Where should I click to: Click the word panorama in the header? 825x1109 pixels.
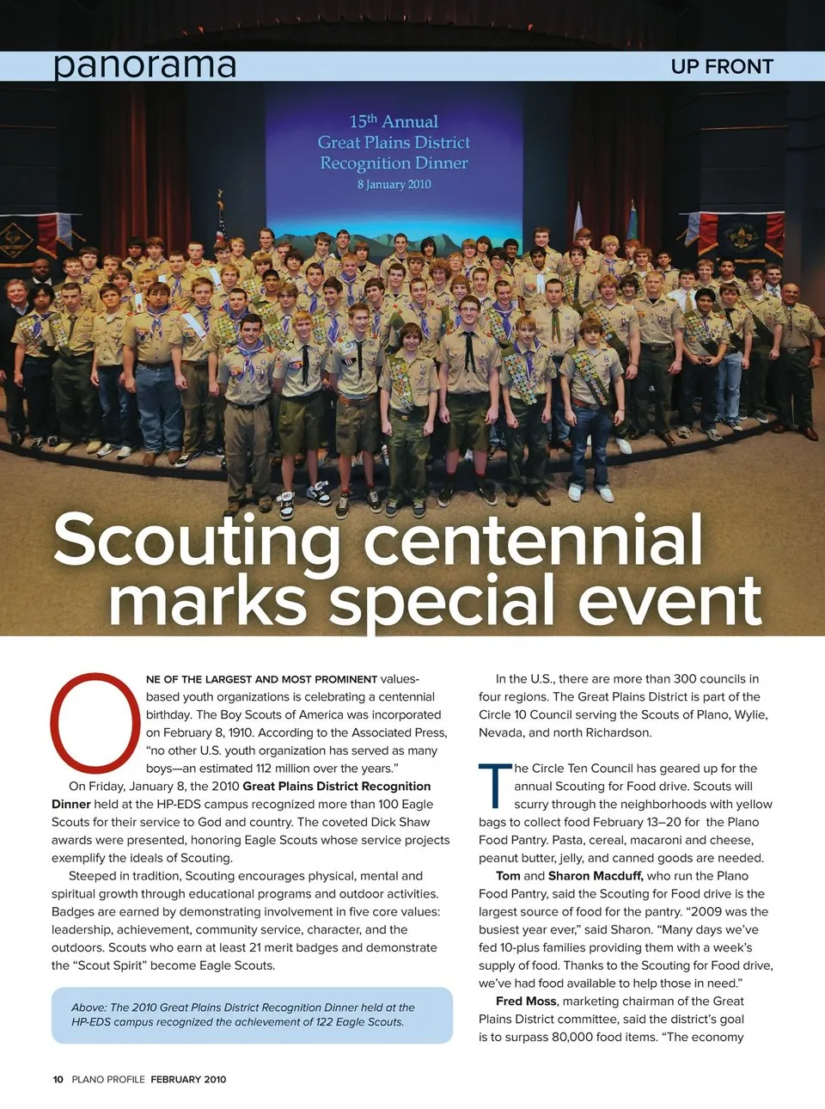tap(144, 65)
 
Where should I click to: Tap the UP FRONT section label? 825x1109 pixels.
tap(722, 67)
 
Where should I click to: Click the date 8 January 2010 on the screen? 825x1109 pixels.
tap(394, 184)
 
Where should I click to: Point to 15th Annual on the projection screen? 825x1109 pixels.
tap(394, 121)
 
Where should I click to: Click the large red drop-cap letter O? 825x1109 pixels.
tap(95, 722)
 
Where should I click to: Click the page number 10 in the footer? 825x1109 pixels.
tap(58, 1079)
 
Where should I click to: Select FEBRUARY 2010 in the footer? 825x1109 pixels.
tap(188, 1079)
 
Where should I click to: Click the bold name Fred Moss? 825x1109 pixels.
tap(527, 1001)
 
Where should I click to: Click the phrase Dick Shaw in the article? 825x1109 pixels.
tap(401, 822)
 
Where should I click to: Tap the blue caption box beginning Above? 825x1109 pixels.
tap(252, 1014)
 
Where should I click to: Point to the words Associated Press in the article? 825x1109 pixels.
tap(398, 732)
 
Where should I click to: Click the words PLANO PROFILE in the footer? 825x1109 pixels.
tap(108, 1079)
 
